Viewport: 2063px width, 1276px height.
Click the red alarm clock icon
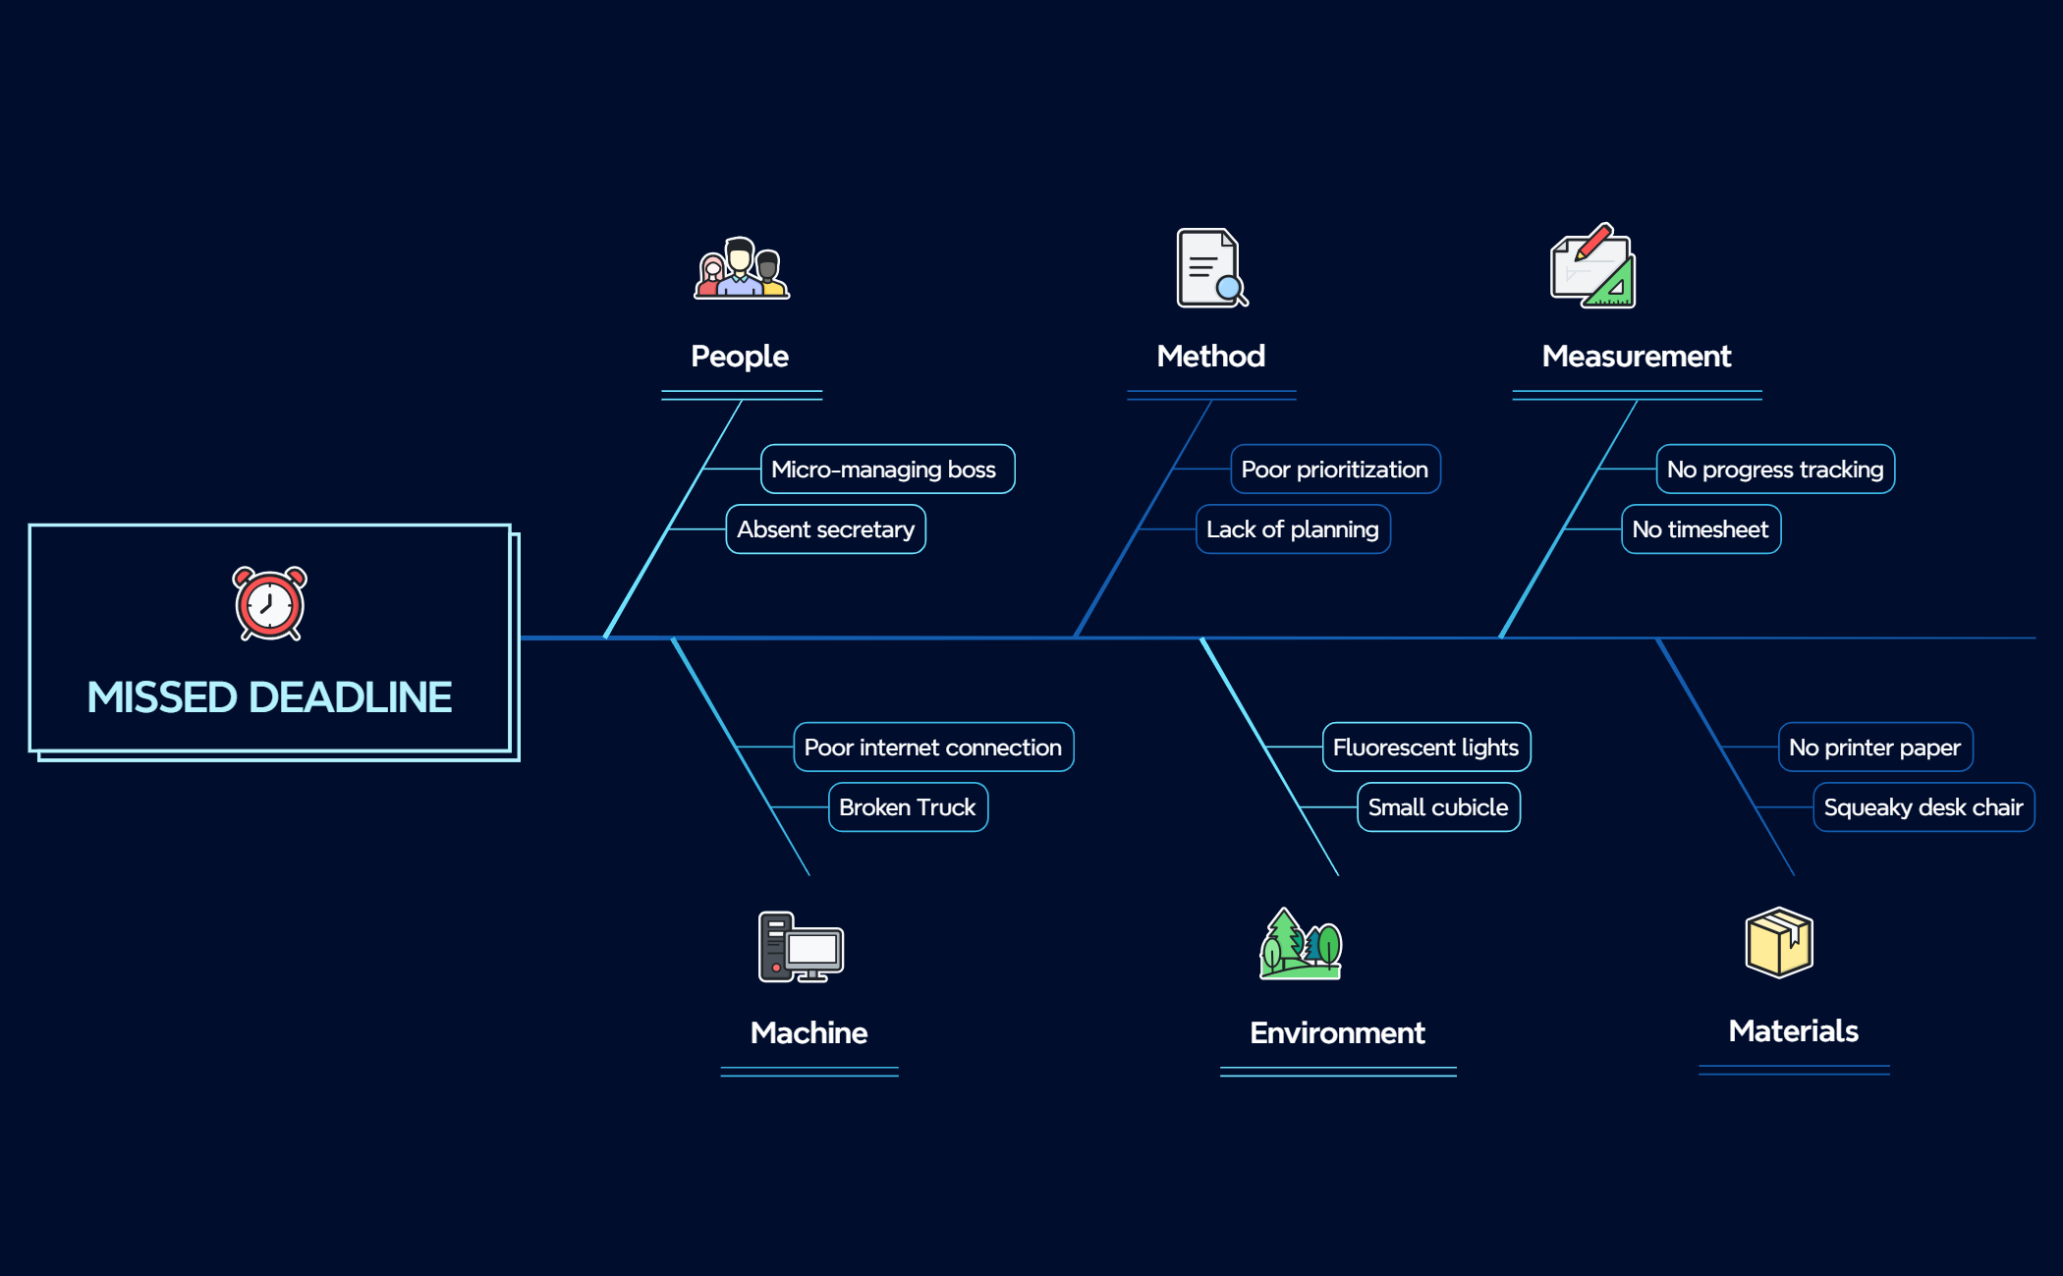[x=269, y=603]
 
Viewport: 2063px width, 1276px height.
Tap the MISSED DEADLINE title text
[x=269, y=697]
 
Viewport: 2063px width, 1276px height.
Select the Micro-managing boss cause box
[x=887, y=470]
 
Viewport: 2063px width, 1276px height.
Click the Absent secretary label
[x=825, y=529]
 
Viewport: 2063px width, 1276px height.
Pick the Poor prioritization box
[x=1335, y=470]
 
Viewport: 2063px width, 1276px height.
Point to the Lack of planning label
[x=1293, y=529]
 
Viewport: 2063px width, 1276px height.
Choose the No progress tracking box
[x=1775, y=470]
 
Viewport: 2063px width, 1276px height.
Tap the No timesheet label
[x=1701, y=529]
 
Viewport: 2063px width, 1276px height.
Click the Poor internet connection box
[x=933, y=748]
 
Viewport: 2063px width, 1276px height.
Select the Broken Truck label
[x=908, y=807]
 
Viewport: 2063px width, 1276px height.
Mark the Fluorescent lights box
[x=1426, y=748]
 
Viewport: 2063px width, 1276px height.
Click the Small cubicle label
[x=1438, y=807]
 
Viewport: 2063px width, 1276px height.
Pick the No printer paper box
[x=1875, y=748]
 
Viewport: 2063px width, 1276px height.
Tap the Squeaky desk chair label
[x=1924, y=807]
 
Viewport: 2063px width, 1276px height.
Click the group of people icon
[x=742, y=267]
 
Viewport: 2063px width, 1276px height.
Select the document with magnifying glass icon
[x=1212, y=268]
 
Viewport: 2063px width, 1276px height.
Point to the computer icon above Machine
[x=801, y=947]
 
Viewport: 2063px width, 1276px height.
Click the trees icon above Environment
[x=1301, y=944]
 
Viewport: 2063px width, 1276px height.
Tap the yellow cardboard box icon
[x=1779, y=942]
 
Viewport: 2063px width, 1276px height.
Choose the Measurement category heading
[x=1637, y=356]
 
